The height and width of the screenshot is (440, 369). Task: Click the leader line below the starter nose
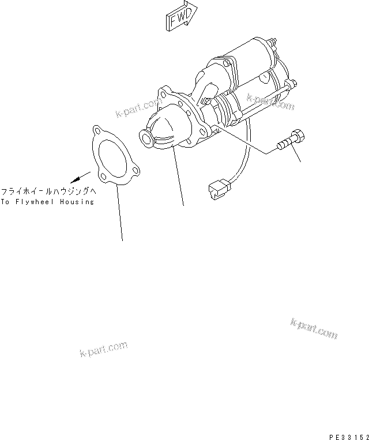pyautogui.click(x=179, y=179)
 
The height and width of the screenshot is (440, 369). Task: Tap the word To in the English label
pyautogui.click(x=5, y=202)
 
